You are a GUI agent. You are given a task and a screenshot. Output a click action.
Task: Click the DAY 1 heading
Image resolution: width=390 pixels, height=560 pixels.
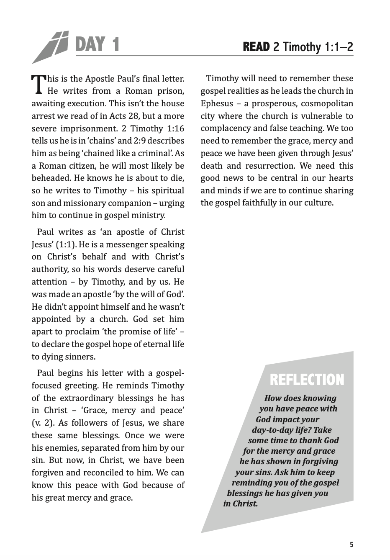[x=97, y=44]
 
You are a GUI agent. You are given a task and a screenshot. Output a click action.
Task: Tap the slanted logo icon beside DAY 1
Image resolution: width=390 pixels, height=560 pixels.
[x=50, y=47]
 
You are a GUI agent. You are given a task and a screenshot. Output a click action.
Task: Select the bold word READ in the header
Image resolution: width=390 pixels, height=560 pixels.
[x=256, y=47]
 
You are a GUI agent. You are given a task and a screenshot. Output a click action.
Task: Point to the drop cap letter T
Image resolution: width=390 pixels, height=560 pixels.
[x=38, y=83]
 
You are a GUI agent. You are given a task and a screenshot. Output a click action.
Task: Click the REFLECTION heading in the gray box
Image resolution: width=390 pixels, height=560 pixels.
[x=307, y=380]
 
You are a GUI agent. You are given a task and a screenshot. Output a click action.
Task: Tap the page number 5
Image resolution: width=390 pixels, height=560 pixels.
[x=352, y=545]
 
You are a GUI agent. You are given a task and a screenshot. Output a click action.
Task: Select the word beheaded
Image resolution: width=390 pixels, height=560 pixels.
[x=51, y=178]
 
